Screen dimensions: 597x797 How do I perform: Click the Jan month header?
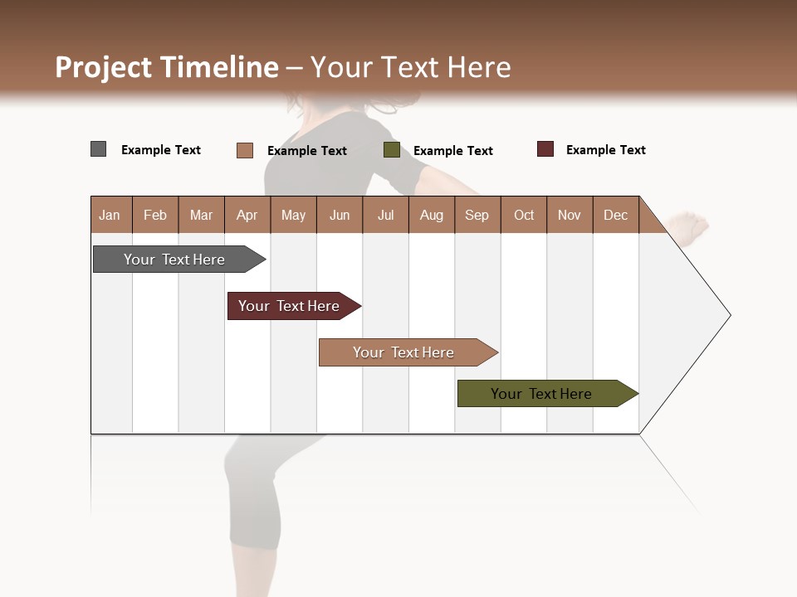pyautogui.click(x=110, y=215)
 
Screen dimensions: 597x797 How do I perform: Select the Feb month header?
pyautogui.click(x=155, y=215)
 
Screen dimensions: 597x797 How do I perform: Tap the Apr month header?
pyautogui.click(x=247, y=215)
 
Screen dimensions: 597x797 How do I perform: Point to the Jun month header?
pyautogui.click(x=340, y=215)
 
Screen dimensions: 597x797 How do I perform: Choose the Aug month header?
pyautogui.click(x=432, y=215)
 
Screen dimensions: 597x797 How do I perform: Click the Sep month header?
pyautogui.click(x=477, y=215)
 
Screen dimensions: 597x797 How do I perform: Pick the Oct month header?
pyautogui.click(x=524, y=215)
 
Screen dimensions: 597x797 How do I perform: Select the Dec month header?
pyautogui.click(x=616, y=215)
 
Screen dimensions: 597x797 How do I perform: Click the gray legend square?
pyautogui.click(x=99, y=149)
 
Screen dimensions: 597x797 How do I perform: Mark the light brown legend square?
pyautogui.click(x=245, y=150)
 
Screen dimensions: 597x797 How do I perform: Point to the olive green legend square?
pyautogui.click(x=392, y=150)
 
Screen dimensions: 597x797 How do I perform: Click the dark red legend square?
pyautogui.click(x=545, y=149)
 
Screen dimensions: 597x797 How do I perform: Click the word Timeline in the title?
pyautogui.click(x=220, y=67)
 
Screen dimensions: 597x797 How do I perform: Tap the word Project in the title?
pyautogui.click(x=105, y=67)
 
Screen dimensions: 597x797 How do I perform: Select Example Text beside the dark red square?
pyautogui.click(x=606, y=150)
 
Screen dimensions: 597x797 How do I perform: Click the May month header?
pyautogui.click(x=293, y=215)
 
